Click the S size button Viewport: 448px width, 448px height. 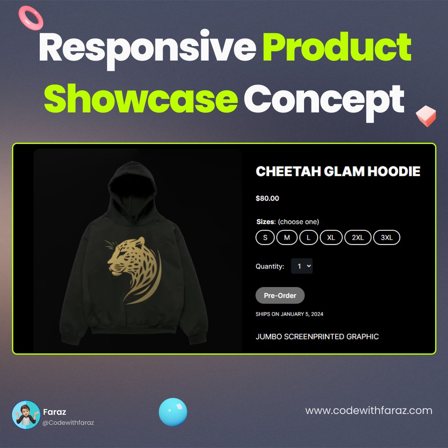coord(265,238)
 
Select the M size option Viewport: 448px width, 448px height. coord(287,238)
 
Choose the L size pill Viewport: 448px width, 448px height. coord(308,238)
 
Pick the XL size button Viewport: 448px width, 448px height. coord(331,238)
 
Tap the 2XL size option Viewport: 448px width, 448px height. coord(358,238)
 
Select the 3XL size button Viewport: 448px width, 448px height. coord(387,238)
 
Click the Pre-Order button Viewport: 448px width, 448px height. coord(280,295)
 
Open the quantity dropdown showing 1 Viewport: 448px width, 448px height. coord(302,266)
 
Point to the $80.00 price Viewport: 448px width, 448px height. coord(267,198)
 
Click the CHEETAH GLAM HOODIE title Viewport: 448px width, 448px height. coord(338,171)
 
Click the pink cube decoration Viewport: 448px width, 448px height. coord(426,116)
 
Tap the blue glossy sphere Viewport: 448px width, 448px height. coord(173,412)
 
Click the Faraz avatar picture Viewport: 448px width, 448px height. coord(26,415)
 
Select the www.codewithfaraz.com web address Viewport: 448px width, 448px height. coord(369,411)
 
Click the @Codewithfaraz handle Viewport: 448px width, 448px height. coord(68,422)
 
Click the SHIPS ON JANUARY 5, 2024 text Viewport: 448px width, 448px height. coord(289,314)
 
